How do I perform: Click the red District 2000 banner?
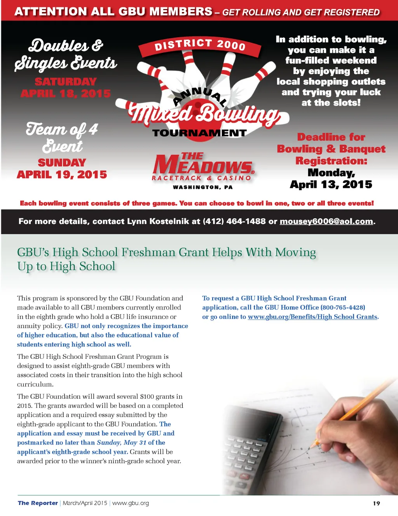point(200,46)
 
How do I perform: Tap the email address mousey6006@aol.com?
point(326,221)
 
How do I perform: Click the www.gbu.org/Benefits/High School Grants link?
point(313,317)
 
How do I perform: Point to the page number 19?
point(376,503)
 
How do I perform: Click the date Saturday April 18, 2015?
point(66,88)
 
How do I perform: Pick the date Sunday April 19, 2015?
point(62,169)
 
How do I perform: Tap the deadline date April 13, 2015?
point(331,184)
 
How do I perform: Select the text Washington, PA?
point(202,187)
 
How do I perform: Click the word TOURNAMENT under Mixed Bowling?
point(199,133)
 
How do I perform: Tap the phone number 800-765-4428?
point(343,308)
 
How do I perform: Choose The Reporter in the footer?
point(38,503)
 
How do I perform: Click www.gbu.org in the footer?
point(131,503)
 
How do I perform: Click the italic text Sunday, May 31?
point(122,443)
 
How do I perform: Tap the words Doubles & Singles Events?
point(66,54)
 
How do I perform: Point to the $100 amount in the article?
point(147,396)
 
